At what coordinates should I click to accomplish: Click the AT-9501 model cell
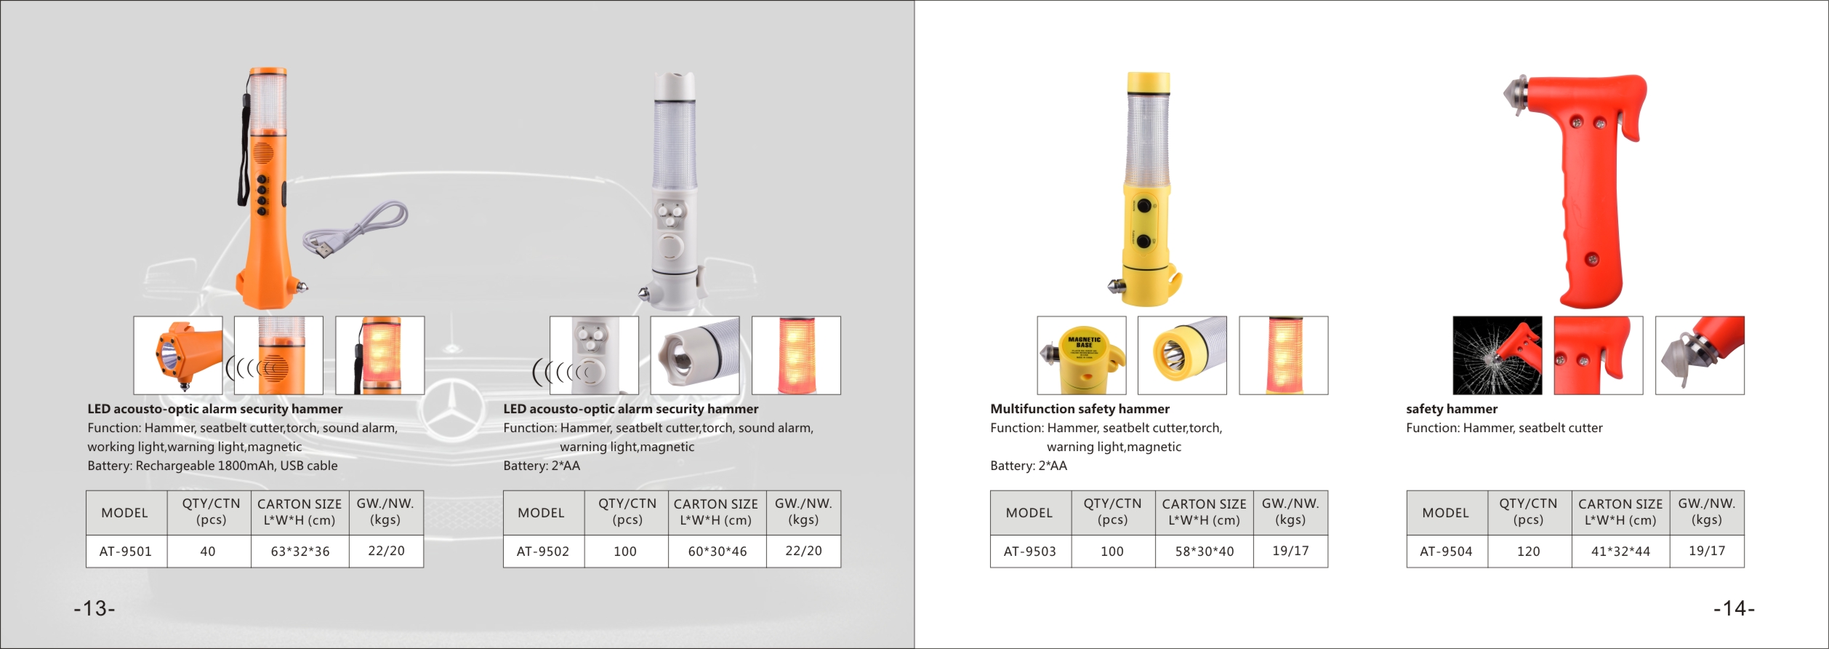126,552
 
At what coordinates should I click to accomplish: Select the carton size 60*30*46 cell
717,552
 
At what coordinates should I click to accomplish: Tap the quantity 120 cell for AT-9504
1529,552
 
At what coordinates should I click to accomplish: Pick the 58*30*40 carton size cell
1205,552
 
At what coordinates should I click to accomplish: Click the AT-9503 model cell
1030,552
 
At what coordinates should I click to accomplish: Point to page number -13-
95,608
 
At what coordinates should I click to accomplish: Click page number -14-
1734,608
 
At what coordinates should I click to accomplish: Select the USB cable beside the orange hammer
355,229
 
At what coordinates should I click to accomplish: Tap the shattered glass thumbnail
1498,355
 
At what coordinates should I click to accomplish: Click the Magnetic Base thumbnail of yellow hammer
1082,355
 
